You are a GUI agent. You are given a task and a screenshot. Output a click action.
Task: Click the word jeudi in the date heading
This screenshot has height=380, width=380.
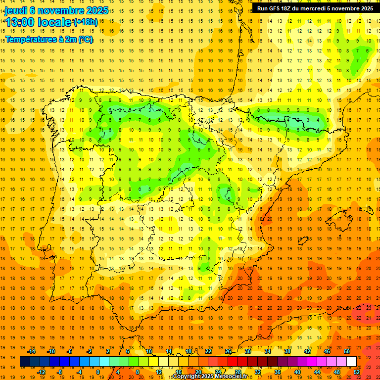[16, 10]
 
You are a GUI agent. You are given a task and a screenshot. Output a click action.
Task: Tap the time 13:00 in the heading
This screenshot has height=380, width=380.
[22, 22]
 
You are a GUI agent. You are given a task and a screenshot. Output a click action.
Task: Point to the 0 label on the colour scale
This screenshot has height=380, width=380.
[97, 372]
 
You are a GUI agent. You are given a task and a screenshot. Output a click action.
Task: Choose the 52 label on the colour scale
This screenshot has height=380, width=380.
[357, 372]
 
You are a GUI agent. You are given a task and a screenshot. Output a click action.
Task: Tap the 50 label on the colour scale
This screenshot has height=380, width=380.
[347, 351]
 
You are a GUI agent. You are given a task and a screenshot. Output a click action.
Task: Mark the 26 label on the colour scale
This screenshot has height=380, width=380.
[228, 351]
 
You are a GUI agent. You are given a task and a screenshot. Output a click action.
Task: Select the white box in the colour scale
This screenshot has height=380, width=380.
[351, 362]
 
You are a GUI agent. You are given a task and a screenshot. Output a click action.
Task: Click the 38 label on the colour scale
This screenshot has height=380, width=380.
[287, 351]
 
